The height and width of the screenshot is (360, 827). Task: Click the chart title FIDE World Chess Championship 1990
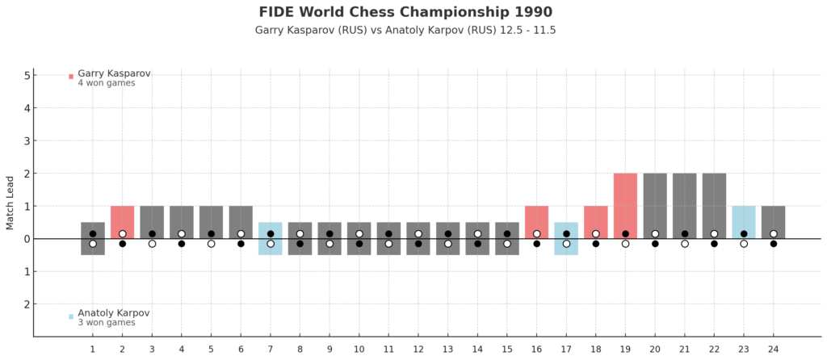click(x=405, y=11)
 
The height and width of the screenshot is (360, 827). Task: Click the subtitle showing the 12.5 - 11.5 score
click(x=405, y=30)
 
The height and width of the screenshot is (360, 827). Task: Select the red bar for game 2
click(x=123, y=223)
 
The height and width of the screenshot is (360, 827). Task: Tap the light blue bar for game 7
click(x=271, y=239)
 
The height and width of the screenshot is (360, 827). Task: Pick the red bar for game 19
click(x=626, y=206)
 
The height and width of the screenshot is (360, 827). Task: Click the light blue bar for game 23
click(x=744, y=223)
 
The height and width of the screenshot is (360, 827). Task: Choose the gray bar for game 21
click(x=685, y=206)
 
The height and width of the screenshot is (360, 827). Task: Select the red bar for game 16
click(x=537, y=223)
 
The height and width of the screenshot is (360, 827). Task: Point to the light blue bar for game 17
click(x=566, y=239)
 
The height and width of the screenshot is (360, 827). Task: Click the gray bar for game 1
click(x=93, y=239)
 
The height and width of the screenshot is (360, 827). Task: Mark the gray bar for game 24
click(x=773, y=223)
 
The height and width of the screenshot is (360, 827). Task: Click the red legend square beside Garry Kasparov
click(x=71, y=77)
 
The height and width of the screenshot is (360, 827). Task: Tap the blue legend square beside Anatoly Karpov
click(x=71, y=316)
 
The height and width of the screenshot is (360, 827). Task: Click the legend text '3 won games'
click(x=107, y=323)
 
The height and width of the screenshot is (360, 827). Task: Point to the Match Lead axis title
click(x=10, y=206)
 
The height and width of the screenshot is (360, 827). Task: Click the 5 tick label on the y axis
click(x=19, y=75)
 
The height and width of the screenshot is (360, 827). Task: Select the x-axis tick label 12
click(x=418, y=349)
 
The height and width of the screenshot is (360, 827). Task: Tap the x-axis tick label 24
click(x=773, y=349)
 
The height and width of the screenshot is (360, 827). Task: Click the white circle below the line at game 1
click(x=93, y=244)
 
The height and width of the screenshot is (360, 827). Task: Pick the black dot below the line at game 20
click(x=655, y=244)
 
